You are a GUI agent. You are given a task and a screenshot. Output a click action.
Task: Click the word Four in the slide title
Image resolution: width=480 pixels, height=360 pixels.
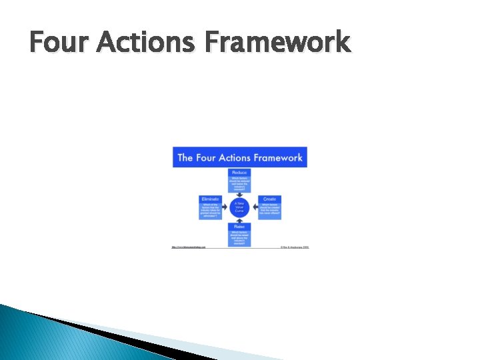click(x=59, y=43)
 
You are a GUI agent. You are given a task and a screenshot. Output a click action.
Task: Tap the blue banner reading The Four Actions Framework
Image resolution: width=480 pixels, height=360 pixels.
click(x=240, y=157)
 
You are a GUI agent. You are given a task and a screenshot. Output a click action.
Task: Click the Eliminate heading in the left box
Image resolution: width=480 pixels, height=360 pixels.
click(x=210, y=199)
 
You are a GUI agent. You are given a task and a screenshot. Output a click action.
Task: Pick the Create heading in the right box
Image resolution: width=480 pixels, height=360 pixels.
click(x=269, y=199)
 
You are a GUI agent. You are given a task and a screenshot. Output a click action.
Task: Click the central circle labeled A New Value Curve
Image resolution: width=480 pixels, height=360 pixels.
click(x=240, y=206)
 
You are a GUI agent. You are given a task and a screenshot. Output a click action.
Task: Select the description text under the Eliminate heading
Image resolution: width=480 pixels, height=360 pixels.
click(x=210, y=210)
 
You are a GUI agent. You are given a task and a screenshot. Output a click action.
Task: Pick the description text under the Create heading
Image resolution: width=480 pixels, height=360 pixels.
click(x=269, y=208)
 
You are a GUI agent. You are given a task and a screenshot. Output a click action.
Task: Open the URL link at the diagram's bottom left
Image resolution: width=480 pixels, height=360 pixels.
click(x=189, y=247)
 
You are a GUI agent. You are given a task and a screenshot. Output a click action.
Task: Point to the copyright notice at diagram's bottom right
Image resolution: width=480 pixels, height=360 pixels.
click(x=294, y=247)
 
